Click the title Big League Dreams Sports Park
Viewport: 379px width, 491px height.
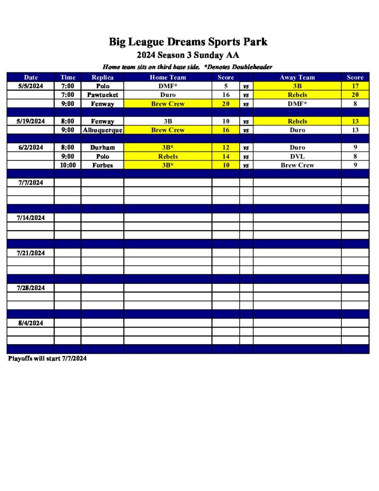coord(188,42)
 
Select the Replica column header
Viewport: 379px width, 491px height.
coord(103,77)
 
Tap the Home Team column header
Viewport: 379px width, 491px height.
coord(168,77)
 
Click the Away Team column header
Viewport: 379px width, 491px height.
coord(297,77)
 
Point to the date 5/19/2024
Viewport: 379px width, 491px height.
coord(31,121)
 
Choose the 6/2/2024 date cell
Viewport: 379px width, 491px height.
coord(31,148)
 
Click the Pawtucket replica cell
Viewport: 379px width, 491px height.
coord(103,95)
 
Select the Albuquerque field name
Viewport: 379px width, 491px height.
coord(103,130)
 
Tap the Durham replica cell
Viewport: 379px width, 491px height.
coord(103,148)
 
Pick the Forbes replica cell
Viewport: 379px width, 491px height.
coord(103,165)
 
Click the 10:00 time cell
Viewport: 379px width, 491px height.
coord(68,165)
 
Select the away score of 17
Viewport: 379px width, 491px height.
coord(355,86)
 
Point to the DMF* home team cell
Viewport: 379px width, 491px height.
coord(168,86)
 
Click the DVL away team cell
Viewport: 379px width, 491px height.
coord(297,156)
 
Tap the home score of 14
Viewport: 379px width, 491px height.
coord(226,156)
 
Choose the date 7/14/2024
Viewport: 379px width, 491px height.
coord(31,218)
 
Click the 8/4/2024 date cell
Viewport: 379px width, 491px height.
coord(31,323)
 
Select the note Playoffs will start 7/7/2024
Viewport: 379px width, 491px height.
coord(47,359)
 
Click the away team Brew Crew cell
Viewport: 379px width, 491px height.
coord(297,165)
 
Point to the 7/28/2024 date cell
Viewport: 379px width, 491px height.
coord(31,288)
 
